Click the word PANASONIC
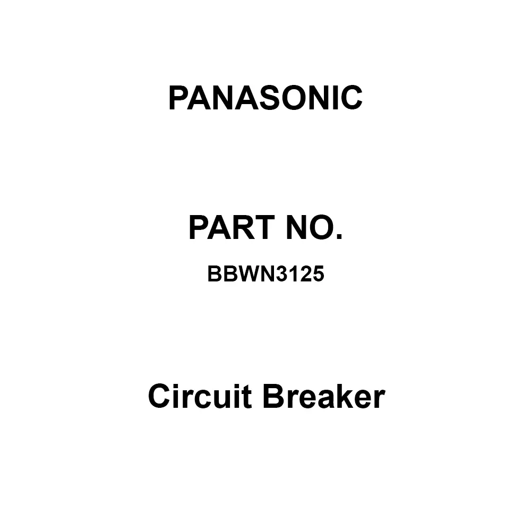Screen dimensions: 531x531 [x=265, y=98]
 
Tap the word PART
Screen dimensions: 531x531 [x=227, y=228]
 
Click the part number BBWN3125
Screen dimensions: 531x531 [x=265, y=275]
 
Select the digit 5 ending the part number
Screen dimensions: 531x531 [x=318, y=275]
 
